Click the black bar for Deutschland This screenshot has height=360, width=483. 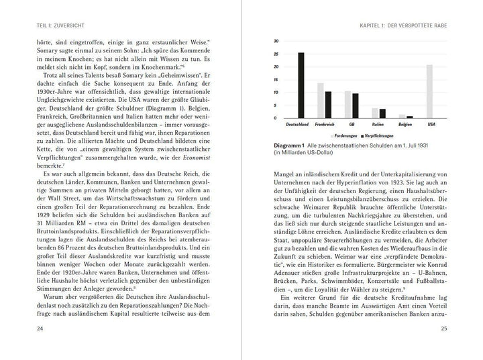point(301,85)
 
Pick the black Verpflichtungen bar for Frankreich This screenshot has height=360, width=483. point(329,105)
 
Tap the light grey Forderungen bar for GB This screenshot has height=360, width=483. point(347,105)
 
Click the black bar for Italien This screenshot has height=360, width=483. point(383,113)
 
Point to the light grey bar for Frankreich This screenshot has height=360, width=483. point(320,101)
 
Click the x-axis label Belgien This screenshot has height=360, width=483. point(406,125)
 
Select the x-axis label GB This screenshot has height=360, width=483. point(352,125)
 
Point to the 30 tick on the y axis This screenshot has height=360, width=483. point(257,42)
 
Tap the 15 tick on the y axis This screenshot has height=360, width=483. point(257,79)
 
